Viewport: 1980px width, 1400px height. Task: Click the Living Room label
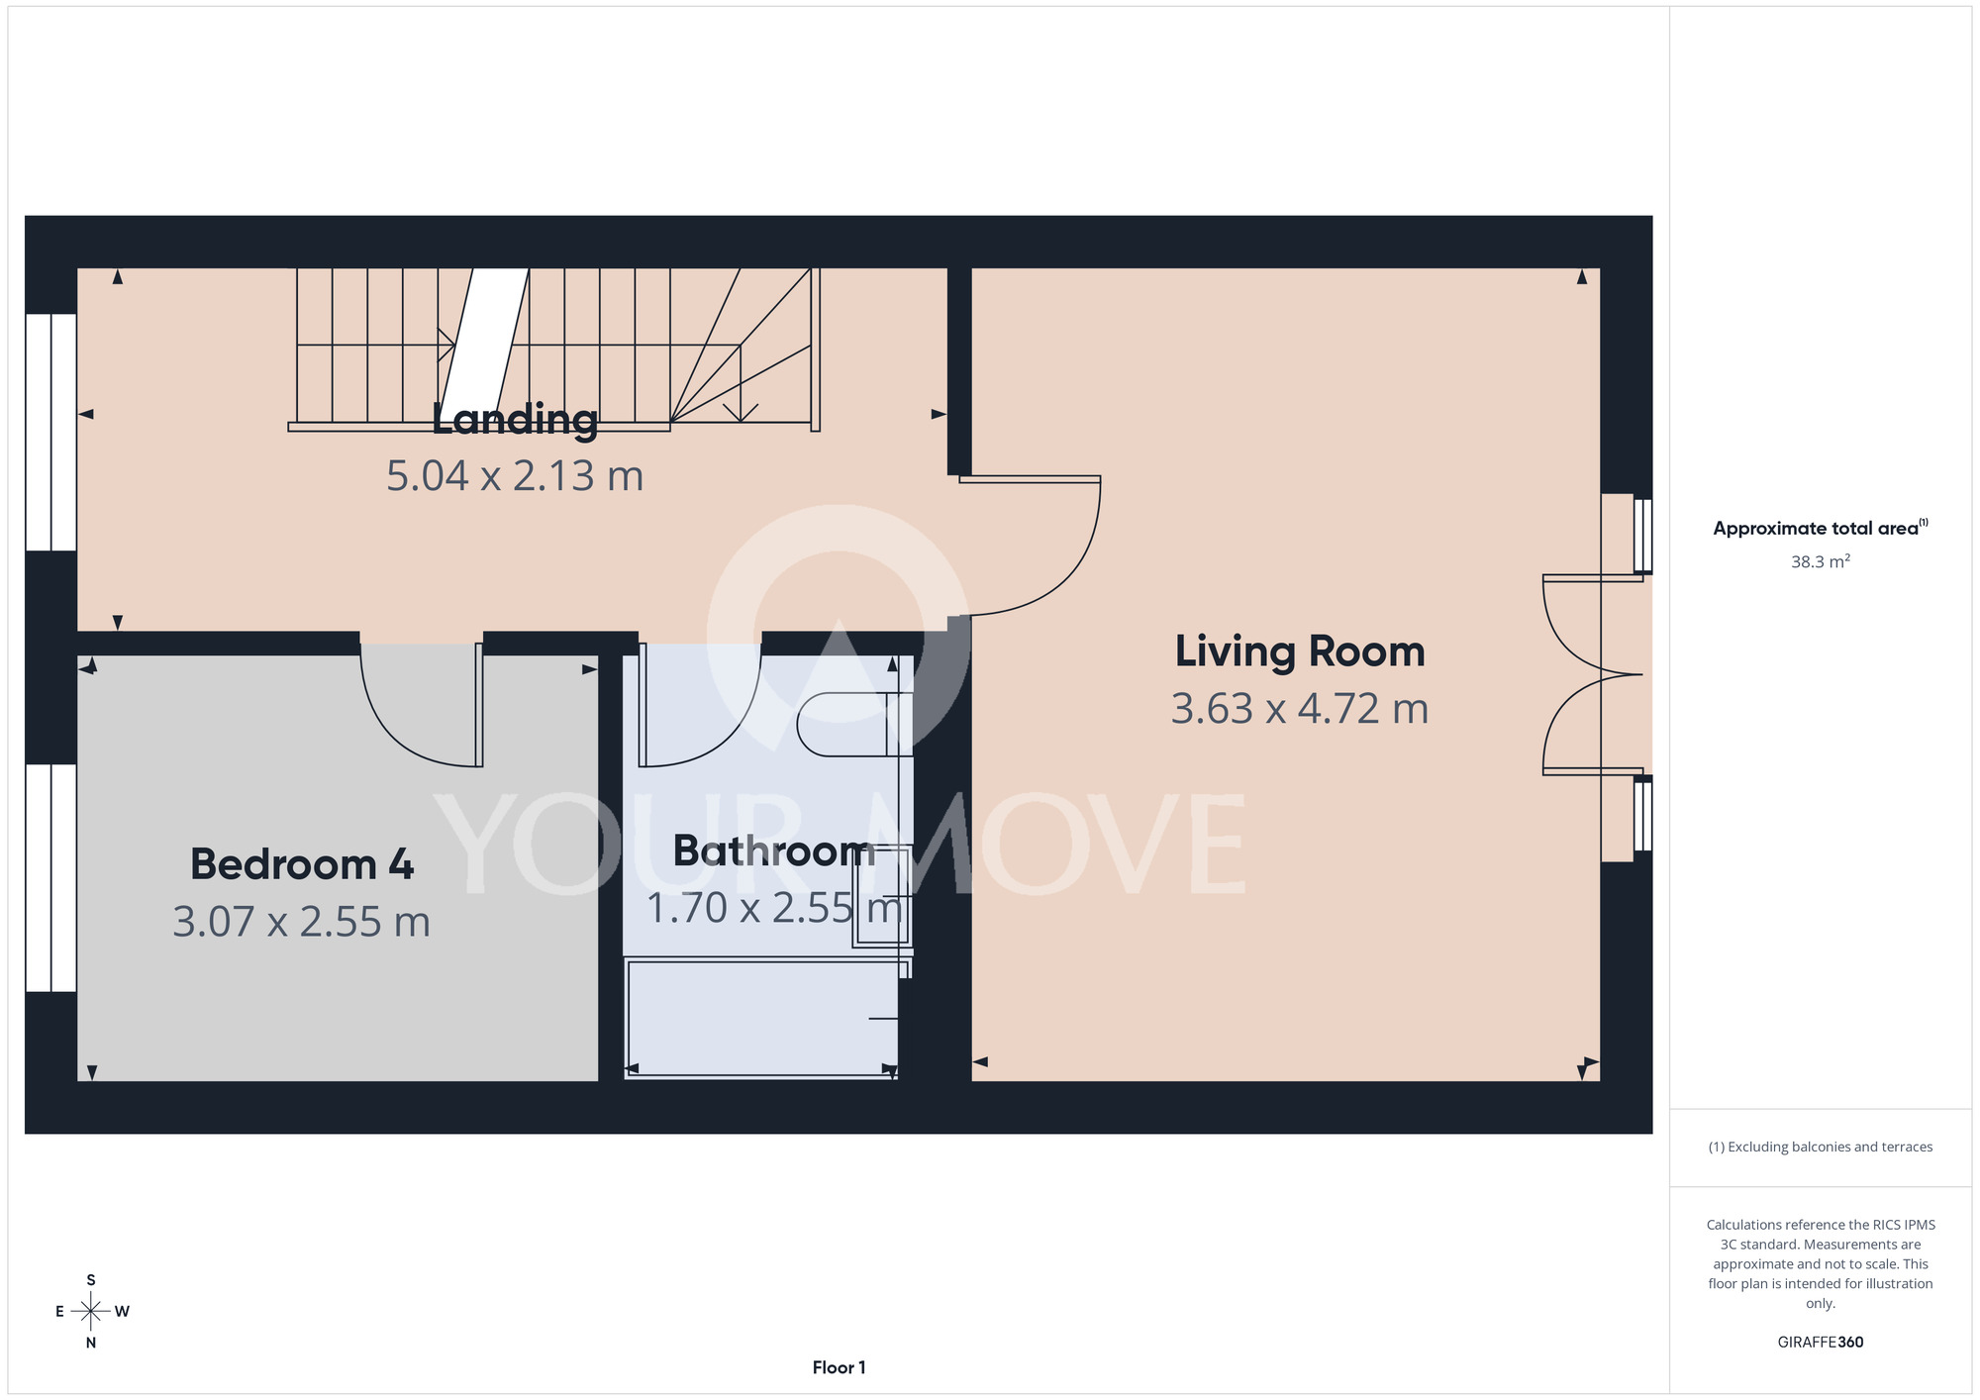pos(1300,652)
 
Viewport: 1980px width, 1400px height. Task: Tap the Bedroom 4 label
pos(302,864)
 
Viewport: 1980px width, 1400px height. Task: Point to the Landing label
pos(515,420)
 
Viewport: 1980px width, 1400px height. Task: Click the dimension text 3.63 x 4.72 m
pos(1300,709)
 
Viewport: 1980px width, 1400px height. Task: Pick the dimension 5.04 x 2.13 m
pos(515,476)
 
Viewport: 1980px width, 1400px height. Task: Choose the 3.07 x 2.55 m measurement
pos(302,923)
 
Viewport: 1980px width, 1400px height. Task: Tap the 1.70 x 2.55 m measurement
pos(774,908)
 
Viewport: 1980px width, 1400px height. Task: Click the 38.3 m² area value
pos(1821,561)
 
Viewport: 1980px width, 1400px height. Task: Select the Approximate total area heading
pos(1821,528)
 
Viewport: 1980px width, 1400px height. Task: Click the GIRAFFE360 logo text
pos(1821,1343)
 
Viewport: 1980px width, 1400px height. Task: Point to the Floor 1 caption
pos(839,1367)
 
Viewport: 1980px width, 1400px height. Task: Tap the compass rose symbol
pos(91,1312)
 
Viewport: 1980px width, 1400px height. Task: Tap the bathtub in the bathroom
pos(762,1018)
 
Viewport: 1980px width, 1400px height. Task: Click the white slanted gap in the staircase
pos(484,345)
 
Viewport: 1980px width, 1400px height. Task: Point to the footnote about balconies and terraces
pos(1821,1147)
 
